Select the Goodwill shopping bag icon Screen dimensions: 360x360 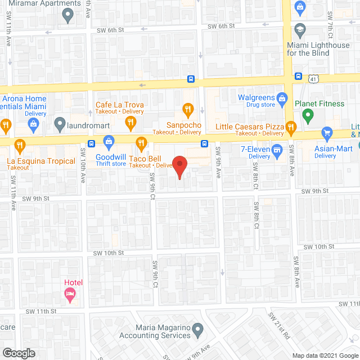pos(110,141)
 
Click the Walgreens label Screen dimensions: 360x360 pos(255,97)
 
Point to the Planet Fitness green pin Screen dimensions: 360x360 pos(307,116)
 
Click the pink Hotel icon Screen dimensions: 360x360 pos(70,294)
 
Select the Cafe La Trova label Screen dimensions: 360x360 pos(120,105)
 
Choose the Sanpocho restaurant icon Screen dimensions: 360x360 pos(188,109)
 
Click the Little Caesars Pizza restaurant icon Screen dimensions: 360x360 pos(291,126)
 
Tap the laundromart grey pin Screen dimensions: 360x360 pos(60,123)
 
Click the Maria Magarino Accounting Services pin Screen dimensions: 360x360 pos(197,328)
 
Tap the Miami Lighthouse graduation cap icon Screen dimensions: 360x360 pos(300,29)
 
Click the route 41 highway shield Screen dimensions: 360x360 pos(314,79)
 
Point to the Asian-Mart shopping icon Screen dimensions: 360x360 pos(326,133)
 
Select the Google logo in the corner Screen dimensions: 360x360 pos(18,353)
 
